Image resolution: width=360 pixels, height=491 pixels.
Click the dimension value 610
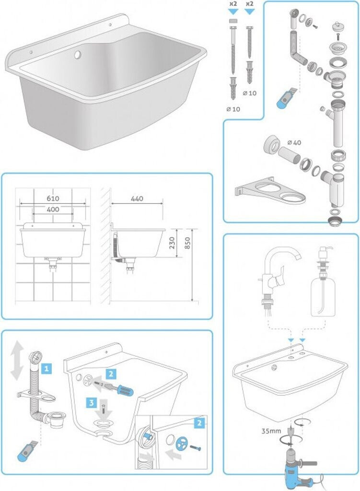coord(53,199)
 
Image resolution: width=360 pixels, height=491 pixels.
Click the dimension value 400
coord(53,210)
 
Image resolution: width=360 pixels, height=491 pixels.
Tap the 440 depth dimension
coord(137,199)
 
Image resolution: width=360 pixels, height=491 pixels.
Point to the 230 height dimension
coord(172,243)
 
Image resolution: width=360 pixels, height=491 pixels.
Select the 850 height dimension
coord(187,243)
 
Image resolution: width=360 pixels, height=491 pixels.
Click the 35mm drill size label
coord(271,431)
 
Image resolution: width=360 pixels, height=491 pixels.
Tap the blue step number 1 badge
coord(46,369)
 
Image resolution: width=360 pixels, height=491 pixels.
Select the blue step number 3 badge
coord(91,402)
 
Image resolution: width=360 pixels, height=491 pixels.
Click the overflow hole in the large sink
coord(77,55)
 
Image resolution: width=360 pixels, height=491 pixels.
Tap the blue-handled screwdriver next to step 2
coord(118,388)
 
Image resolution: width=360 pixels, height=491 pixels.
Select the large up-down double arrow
coord(17,360)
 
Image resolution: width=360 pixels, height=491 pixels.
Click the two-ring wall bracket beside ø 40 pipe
coord(270,191)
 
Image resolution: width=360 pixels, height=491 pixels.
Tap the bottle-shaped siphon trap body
coord(337,189)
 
